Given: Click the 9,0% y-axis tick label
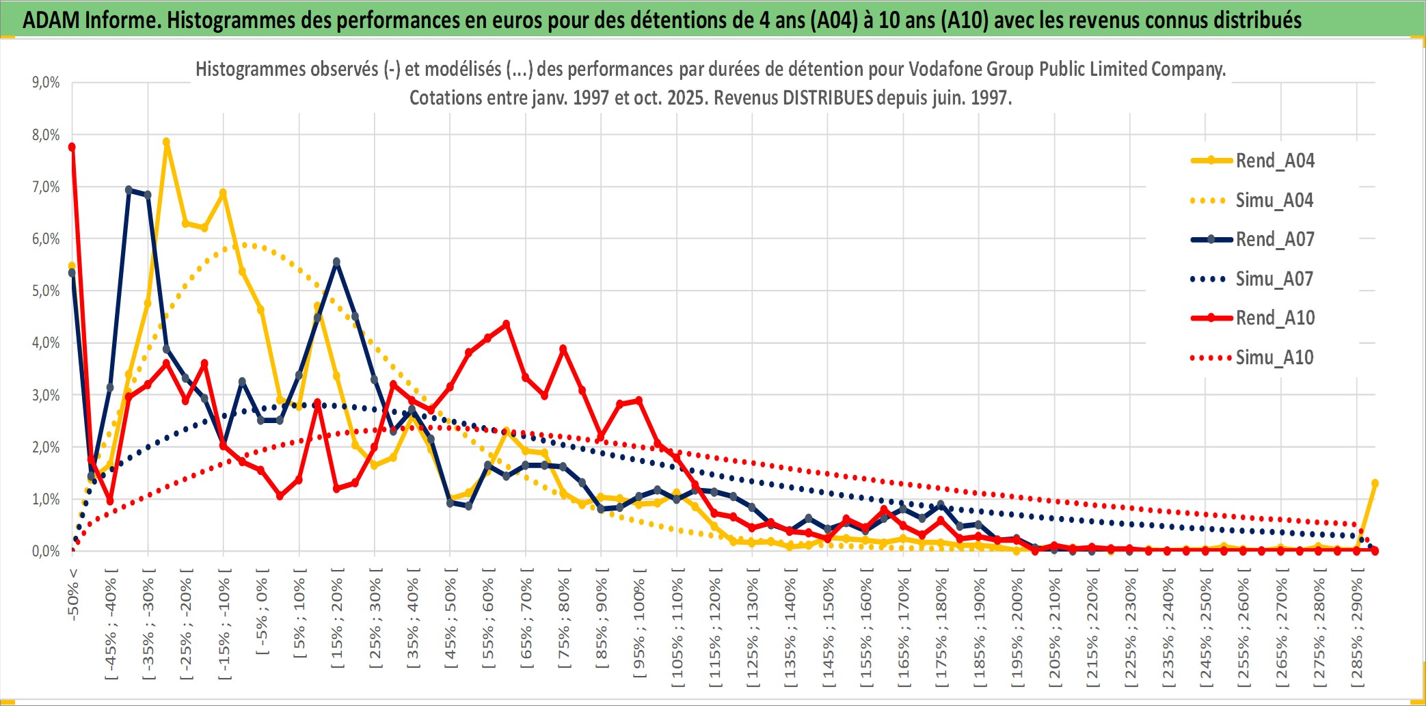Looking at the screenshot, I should pos(46,83).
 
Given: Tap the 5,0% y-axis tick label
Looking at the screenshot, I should pos(46,291).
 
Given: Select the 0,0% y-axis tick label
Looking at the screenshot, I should pos(46,552).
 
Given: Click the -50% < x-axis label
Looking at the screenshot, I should pos(73,594).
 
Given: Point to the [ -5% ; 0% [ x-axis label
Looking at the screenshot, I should pos(262,611).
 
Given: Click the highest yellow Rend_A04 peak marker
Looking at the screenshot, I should pos(166,142).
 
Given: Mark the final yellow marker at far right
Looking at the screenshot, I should pos(1375,483).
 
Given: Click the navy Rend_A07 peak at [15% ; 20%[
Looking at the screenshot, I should pos(336,262).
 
